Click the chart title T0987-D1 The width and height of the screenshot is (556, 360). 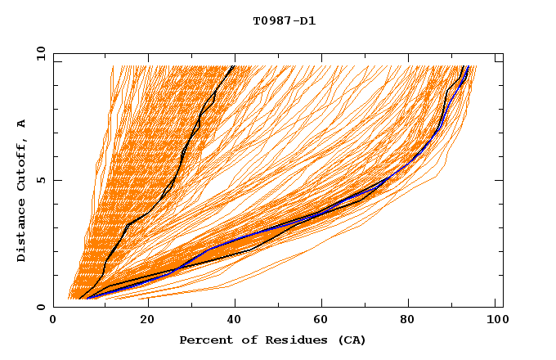[284, 21]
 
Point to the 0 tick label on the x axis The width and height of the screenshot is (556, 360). [53, 320]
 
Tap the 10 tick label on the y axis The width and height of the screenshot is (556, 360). [40, 53]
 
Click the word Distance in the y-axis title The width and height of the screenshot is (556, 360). [21, 232]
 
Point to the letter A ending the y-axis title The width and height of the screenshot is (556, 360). [21, 124]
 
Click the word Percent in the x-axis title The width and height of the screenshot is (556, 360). [204, 340]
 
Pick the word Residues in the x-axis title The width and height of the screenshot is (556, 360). [292, 340]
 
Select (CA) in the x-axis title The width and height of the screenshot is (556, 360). [352, 340]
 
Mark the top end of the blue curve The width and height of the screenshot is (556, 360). [467, 66]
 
